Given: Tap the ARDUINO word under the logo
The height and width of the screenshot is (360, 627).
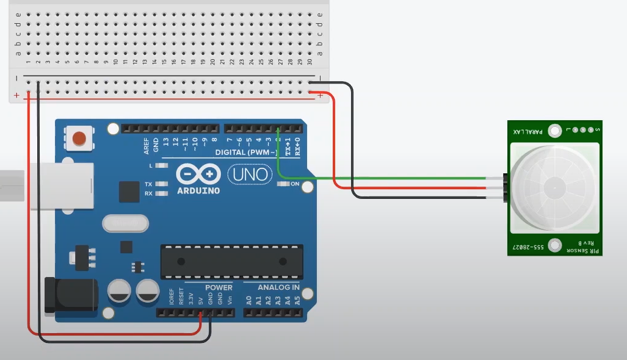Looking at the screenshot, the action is coord(198,190).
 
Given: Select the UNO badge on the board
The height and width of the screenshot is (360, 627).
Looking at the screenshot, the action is coord(251,175).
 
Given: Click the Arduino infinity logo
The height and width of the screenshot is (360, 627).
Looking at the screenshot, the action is coord(198,174).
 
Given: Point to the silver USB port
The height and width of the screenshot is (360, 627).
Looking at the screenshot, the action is coord(61,185).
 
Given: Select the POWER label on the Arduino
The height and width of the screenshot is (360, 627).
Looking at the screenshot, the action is coord(218,287).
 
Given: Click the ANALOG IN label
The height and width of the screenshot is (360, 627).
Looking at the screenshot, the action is coord(278,287).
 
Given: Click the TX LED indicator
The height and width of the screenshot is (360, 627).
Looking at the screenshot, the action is coord(162,184).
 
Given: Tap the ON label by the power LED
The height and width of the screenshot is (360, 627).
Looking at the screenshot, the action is coord(295,184).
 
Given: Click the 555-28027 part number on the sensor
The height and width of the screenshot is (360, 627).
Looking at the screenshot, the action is coord(526,247).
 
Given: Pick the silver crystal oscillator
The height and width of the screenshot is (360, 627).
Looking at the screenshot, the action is coord(126,224).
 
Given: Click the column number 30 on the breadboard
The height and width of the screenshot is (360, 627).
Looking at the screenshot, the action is coord(310,62).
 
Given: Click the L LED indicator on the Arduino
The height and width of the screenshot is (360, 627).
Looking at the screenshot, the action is coord(162,165).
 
